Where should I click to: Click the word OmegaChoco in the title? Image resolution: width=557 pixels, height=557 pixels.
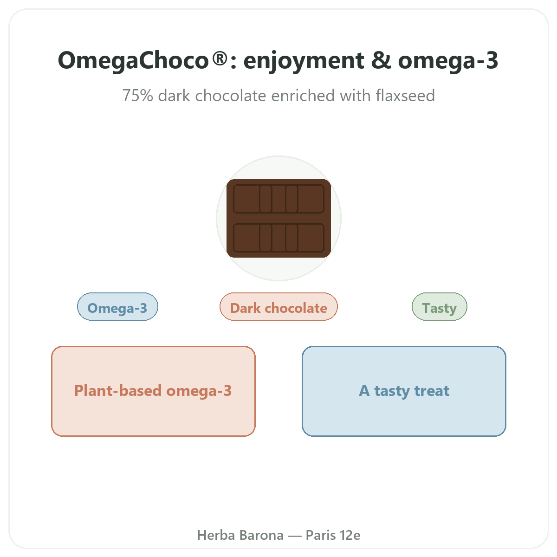[x=133, y=60]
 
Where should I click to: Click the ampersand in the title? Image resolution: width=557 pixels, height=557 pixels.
[x=381, y=60]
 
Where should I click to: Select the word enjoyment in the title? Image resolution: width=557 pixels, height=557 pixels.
[x=304, y=61]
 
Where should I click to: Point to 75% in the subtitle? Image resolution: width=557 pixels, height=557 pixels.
[x=137, y=96]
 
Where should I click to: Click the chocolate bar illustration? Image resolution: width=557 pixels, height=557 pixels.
[x=278, y=218]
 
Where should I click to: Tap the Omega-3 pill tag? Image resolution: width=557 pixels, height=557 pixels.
[x=117, y=307]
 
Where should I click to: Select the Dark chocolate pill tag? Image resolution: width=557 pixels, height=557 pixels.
[x=278, y=307]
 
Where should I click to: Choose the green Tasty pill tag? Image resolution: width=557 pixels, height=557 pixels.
[x=440, y=307]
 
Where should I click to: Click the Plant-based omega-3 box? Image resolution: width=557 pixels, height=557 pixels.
[x=153, y=391]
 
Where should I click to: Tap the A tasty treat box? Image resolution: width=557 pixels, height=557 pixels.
[x=404, y=391]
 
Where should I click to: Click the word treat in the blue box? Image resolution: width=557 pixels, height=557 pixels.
[x=432, y=391]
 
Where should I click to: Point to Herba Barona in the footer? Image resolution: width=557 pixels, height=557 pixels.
[x=240, y=535]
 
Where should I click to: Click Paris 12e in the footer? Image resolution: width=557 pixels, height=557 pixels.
[x=333, y=535]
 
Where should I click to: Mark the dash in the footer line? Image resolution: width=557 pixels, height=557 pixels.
[x=295, y=536]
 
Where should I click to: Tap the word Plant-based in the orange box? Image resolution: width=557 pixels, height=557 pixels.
[x=118, y=391]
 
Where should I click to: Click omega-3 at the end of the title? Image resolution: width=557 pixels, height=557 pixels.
[x=448, y=61]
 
